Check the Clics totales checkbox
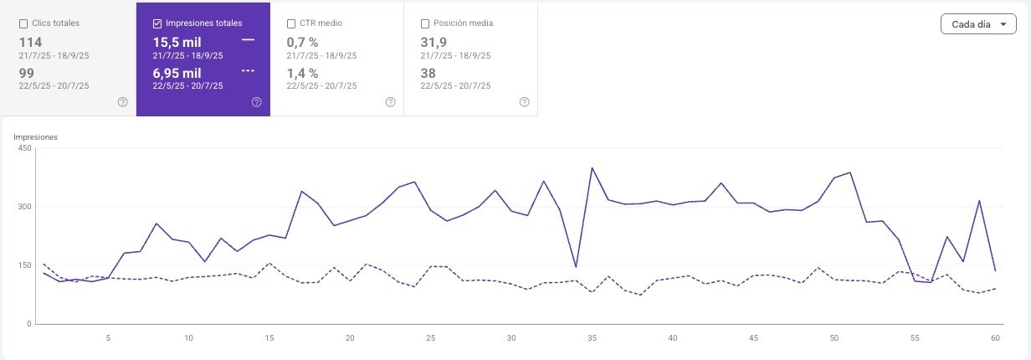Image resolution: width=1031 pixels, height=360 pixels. click(23, 24)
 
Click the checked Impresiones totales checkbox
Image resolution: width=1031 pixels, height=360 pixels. click(157, 24)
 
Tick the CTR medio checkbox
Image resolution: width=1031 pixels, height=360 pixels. click(291, 24)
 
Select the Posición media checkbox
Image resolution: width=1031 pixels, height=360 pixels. click(425, 24)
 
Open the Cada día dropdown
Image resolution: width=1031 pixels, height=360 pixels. click(978, 24)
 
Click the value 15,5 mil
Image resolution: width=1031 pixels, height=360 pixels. click(177, 43)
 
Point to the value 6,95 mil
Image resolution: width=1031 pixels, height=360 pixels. click(177, 73)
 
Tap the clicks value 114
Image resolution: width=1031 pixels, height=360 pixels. click(30, 43)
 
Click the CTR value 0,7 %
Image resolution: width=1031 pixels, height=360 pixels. click(302, 43)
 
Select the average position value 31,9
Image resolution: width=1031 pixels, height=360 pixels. click(433, 43)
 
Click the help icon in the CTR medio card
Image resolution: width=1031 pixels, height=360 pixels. click(390, 102)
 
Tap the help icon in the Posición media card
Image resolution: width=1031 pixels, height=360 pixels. click(524, 102)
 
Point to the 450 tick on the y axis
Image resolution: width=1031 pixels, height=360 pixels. click(25, 148)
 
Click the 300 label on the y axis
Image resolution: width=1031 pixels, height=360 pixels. click(25, 207)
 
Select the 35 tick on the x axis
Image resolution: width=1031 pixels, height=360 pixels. click(592, 338)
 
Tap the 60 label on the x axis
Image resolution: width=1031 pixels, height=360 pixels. click(995, 338)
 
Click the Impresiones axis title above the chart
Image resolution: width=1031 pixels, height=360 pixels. click(35, 137)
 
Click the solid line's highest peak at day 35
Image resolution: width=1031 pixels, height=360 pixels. click(592, 168)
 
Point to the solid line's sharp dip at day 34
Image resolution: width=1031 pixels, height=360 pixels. click(576, 266)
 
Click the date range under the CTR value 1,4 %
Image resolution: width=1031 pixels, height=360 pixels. click(321, 85)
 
